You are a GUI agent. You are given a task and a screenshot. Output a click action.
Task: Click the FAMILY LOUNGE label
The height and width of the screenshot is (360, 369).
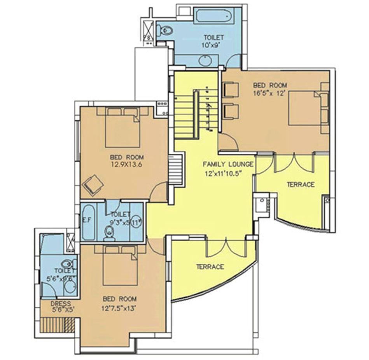(228, 164)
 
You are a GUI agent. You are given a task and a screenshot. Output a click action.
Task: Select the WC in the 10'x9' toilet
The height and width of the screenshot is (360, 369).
(164, 30)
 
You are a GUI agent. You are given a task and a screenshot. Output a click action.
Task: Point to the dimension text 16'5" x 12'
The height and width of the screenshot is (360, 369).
(270, 93)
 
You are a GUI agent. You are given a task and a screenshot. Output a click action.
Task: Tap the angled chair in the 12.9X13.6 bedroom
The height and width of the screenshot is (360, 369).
(93, 185)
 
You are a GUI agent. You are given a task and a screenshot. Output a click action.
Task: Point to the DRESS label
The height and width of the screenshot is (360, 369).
(60, 303)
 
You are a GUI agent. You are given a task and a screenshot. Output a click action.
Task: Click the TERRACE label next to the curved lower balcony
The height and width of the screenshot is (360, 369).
(210, 267)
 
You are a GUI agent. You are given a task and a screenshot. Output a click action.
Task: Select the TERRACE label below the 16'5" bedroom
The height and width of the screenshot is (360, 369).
(301, 184)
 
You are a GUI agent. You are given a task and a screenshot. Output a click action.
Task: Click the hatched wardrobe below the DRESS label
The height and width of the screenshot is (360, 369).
(58, 325)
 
